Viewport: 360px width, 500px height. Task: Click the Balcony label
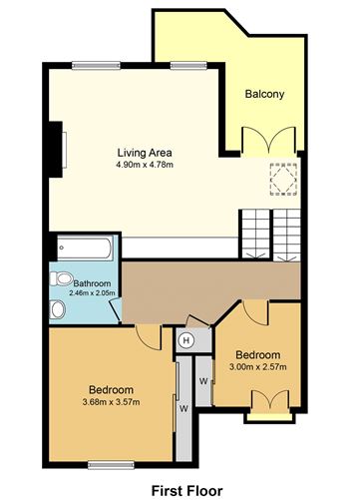click(x=264, y=94)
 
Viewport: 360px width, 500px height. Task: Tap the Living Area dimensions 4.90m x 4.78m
click(x=145, y=165)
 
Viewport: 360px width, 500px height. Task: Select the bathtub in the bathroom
click(x=85, y=248)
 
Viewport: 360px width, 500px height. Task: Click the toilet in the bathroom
click(x=61, y=278)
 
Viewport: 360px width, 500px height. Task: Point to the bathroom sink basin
click(x=58, y=309)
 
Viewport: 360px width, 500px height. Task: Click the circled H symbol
click(x=186, y=340)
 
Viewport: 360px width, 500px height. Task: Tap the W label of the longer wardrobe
click(x=183, y=409)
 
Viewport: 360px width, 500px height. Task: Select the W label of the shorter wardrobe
click(x=203, y=381)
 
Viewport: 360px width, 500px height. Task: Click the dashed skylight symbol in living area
click(x=283, y=180)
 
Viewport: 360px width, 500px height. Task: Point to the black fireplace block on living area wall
click(x=56, y=150)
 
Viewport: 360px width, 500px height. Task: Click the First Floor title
click(x=187, y=491)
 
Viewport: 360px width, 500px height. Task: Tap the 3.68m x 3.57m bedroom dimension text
click(x=111, y=402)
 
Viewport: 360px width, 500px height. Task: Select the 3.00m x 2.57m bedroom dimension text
click(x=258, y=367)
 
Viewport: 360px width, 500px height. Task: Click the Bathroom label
click(x=92, y=283)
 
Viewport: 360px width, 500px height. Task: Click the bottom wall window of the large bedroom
click(x=111, y=465)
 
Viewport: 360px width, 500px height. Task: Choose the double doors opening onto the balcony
click(x=269, y=140)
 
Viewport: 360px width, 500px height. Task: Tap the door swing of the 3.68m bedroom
click(x=149, y=337)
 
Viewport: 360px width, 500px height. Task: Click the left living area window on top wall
click(x=96, y=66)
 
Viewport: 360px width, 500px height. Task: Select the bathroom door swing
click(x=116, y=310)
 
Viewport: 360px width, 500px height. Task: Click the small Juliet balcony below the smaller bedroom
click(x=269, y=417)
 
